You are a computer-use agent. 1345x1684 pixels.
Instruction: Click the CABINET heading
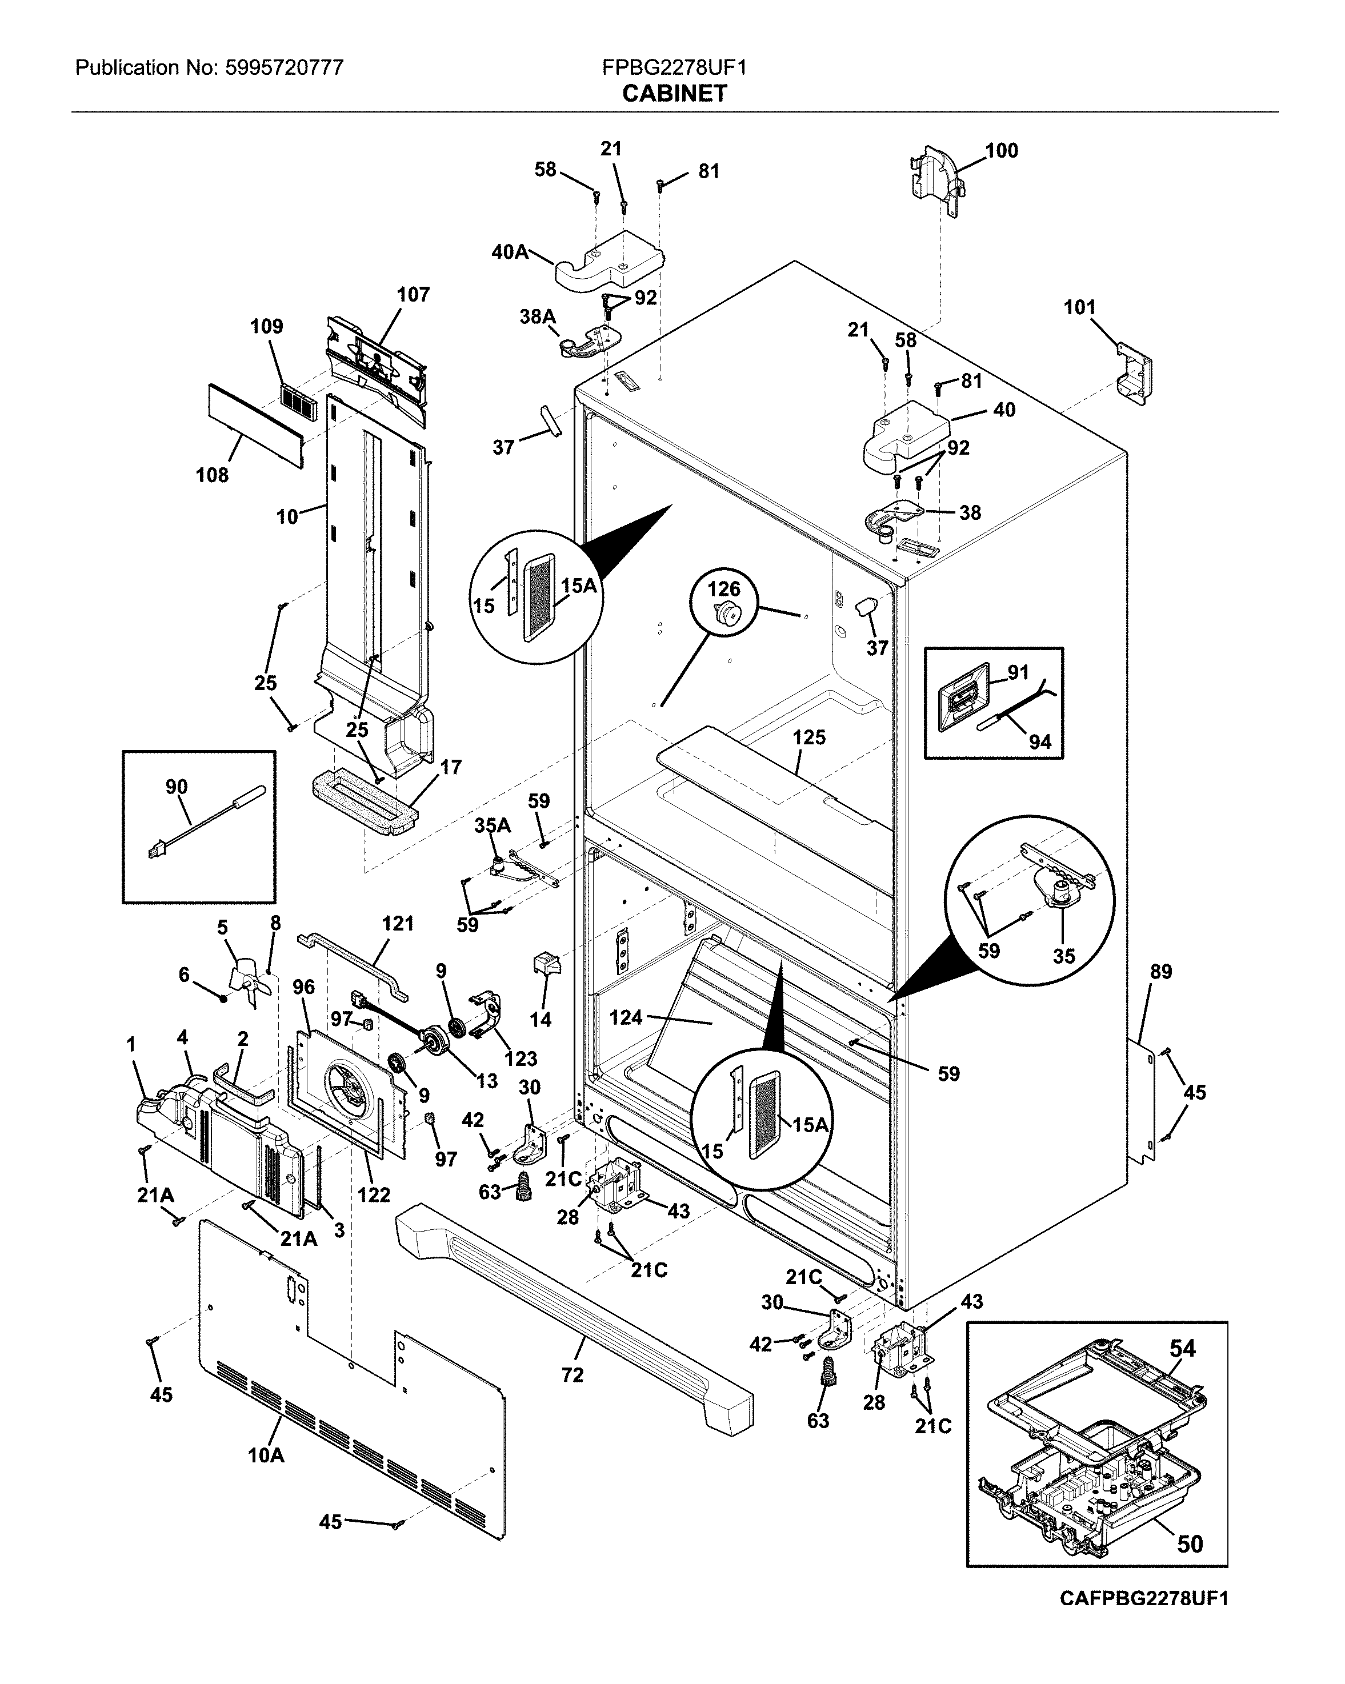coord(674,94)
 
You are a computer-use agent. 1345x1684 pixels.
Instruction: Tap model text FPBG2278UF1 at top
coord(674,68)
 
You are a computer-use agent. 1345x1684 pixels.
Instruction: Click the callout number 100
coord(1002,151)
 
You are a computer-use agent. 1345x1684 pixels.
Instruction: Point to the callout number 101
coord(1079,308)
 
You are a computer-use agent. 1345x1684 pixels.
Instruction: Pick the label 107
coord(413,294)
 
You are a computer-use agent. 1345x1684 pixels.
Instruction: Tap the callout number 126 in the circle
coord(723,589)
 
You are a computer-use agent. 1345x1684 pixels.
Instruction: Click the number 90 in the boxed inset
coord(177,787)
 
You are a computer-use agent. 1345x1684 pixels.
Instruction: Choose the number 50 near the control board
coord(1190,1544)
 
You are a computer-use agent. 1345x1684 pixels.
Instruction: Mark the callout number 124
coord(626,1017)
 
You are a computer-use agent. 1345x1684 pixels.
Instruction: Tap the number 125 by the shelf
coord(808,737)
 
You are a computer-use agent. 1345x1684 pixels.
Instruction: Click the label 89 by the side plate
coord(1160,972)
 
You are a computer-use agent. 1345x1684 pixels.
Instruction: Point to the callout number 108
coord(211,475)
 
